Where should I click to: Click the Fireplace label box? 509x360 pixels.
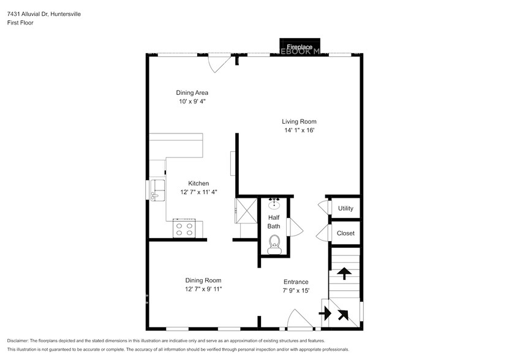point(300,47)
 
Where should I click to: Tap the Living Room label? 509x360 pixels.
point(299,121)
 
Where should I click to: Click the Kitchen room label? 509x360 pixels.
point(198,183)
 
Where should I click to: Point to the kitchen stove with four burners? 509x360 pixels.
point(184,229)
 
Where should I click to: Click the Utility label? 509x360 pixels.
point(345,208)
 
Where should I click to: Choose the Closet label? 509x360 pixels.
point(345,233)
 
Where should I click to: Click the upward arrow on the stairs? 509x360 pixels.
point(345,273)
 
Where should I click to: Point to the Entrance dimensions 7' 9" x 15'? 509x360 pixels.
point(295,291)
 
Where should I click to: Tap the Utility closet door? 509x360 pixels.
point(322,208)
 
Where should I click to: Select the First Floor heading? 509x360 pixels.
point(20,23)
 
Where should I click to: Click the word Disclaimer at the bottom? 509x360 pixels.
point(20,340)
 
